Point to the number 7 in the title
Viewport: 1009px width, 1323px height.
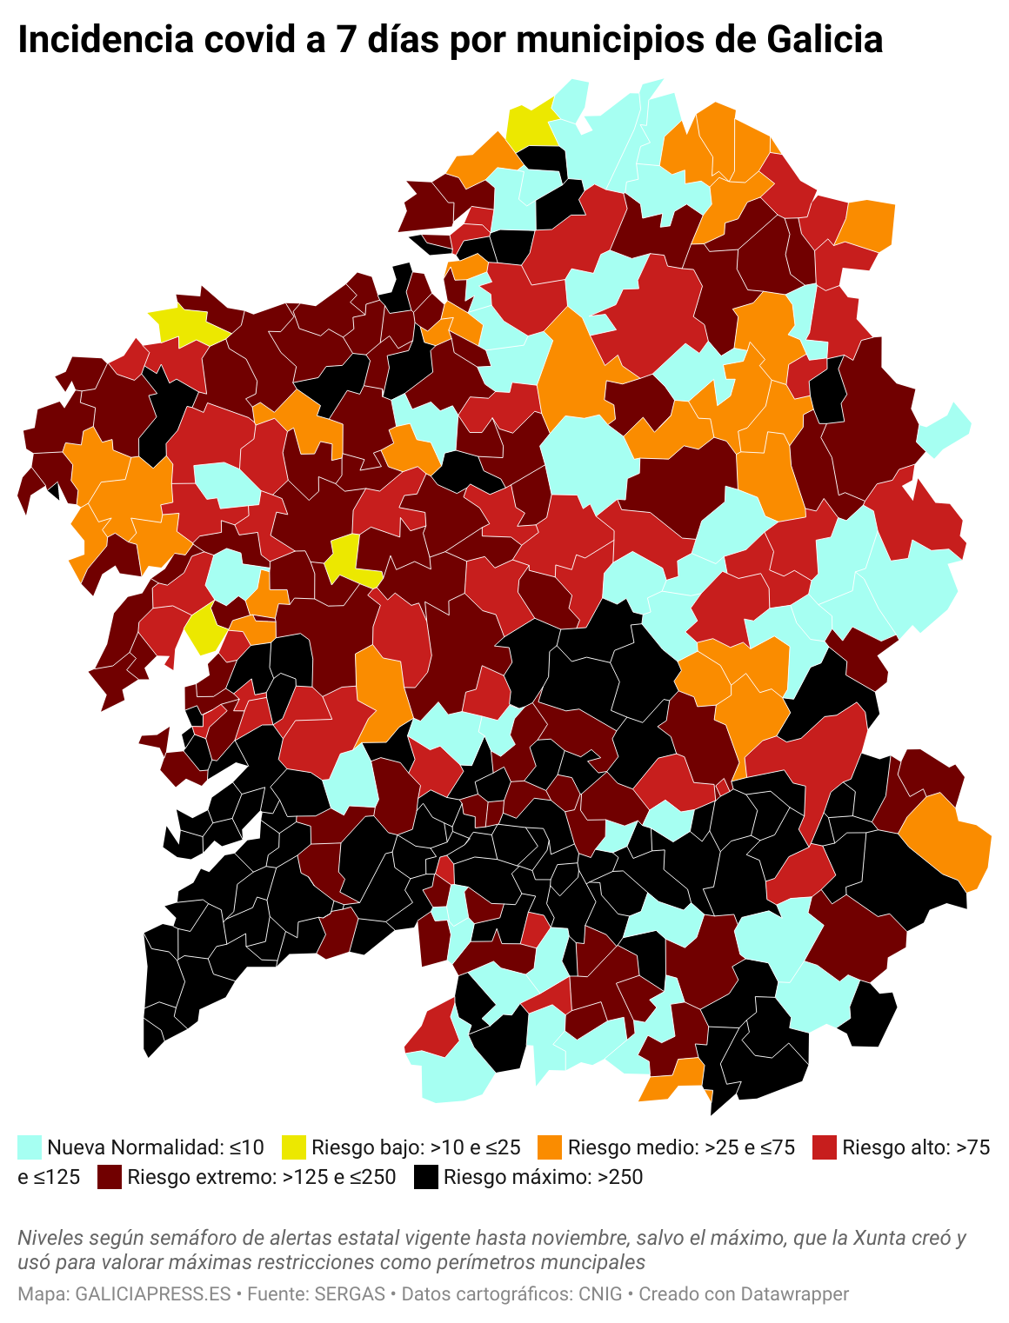(346, 40)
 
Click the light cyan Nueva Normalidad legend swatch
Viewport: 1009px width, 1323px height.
(30, 1147)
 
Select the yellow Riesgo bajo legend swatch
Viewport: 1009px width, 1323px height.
(294, 1147)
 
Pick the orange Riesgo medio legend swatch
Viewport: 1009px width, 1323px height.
(550, 1147)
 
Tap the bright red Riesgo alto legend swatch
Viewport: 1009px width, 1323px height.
(824, 1147)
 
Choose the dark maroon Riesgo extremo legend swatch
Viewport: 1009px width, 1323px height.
(110, 1177)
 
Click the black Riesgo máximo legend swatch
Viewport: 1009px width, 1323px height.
(425, 1177)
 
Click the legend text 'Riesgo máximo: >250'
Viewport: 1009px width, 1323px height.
(544, 1177)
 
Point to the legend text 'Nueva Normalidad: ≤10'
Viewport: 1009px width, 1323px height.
(156, 1147)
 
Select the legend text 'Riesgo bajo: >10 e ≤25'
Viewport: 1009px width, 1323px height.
(416, 1147)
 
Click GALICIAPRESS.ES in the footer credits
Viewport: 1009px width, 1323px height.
(153, 1293)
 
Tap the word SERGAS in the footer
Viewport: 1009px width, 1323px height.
(350, 1293)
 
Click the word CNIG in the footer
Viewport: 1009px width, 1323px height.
(600, 1293)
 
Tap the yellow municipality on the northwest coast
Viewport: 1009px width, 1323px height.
(187, 326)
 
